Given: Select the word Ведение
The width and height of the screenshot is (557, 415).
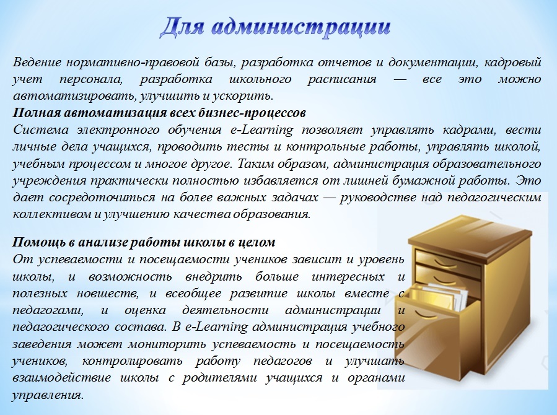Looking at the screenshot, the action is tap(37, 62).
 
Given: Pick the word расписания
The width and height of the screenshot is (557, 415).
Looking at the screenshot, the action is tap(342, 79).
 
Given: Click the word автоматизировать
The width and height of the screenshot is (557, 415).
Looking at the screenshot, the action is tap(74, 96).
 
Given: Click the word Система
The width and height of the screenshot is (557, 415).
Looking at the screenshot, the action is tap(41, 130).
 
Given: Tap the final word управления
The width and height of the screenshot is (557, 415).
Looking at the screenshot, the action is tap(48, 395).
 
